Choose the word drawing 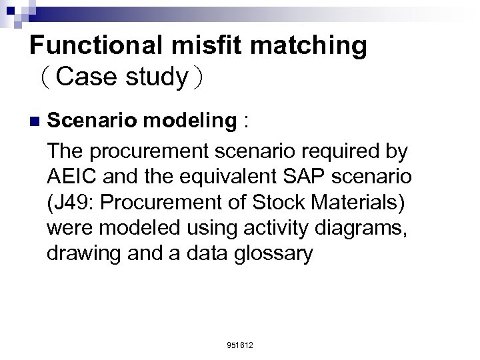coord(84,254)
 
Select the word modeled coord(134,229)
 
